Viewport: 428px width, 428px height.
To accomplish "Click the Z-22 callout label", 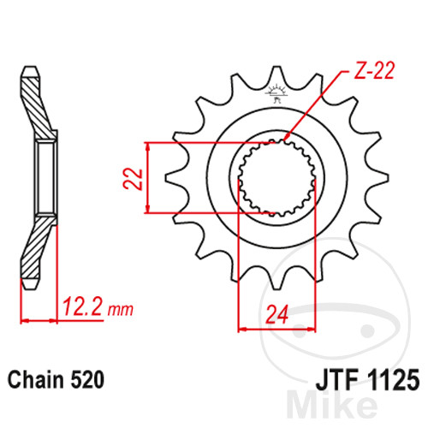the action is point(374,70).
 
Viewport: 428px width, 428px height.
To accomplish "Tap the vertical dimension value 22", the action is point(133,179).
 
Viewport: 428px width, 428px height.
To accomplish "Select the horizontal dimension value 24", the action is point(276,314).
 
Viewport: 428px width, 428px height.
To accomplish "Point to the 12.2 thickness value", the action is point(82,306).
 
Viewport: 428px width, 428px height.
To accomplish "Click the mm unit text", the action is point(121,310).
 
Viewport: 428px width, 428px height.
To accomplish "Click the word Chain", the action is point(36,380).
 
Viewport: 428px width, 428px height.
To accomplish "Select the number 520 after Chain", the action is point(87,380).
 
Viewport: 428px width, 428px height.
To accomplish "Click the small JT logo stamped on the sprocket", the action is point(276,93).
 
